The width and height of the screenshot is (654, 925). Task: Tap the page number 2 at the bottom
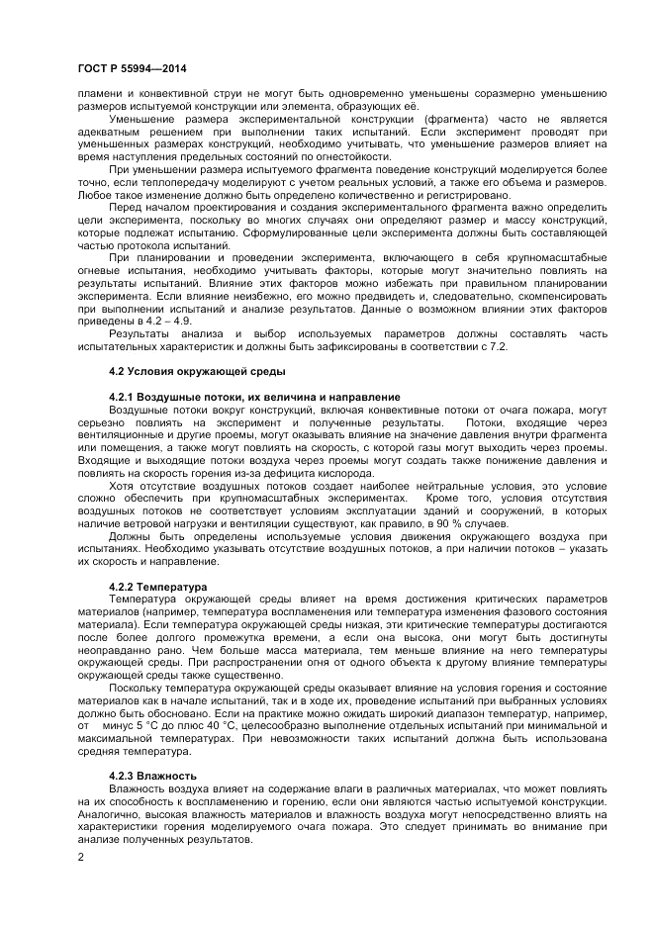tap(80, 857)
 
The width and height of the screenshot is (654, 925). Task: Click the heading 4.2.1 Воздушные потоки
tap(241, 396)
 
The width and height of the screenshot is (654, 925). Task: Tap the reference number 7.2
tap(493, 345)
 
